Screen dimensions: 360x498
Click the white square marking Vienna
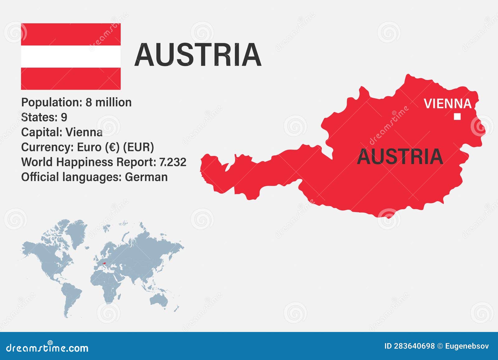[457, 116]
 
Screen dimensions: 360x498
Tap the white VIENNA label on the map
[447, 104]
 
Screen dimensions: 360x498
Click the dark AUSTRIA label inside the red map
[400, 157]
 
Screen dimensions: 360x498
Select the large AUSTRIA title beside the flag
[198, 55]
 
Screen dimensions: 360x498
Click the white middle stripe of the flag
[71, 56]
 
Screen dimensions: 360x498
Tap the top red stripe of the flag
[71, 34]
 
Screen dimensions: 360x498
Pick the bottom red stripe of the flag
[71, 78]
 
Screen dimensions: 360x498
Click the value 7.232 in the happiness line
[172, 162]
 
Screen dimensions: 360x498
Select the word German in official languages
[146, 177]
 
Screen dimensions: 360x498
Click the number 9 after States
[64, 117]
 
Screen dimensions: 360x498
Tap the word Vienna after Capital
[84, 132]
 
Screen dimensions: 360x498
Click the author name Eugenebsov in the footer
[467, 346]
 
